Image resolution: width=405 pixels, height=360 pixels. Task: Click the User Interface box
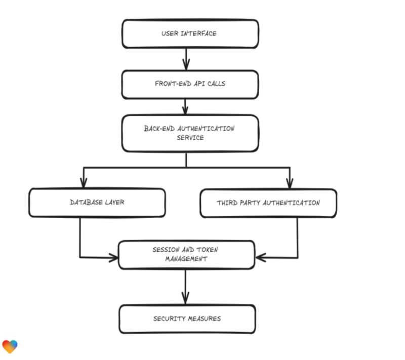190,34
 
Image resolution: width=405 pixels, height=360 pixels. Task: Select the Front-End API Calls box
190,84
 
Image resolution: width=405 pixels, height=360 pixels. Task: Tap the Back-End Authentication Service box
190,133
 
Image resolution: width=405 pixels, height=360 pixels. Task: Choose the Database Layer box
97,203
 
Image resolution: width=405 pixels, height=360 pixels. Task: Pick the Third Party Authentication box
268,203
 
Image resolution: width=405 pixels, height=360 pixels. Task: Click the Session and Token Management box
186,254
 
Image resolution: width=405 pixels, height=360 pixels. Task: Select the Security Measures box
187,318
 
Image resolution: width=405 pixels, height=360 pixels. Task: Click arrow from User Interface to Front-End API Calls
186,58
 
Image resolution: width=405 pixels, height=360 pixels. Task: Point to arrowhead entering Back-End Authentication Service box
186,110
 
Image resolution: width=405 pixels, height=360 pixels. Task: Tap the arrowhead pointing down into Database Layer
84,183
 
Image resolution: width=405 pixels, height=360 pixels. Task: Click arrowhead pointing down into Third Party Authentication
290,183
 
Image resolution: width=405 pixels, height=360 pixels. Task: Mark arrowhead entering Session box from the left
113,258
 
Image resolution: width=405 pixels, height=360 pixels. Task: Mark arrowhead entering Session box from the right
260,258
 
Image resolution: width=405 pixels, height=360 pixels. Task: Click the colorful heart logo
10,346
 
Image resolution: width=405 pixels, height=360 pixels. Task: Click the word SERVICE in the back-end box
190,138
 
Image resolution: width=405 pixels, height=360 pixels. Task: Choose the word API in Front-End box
198,84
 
